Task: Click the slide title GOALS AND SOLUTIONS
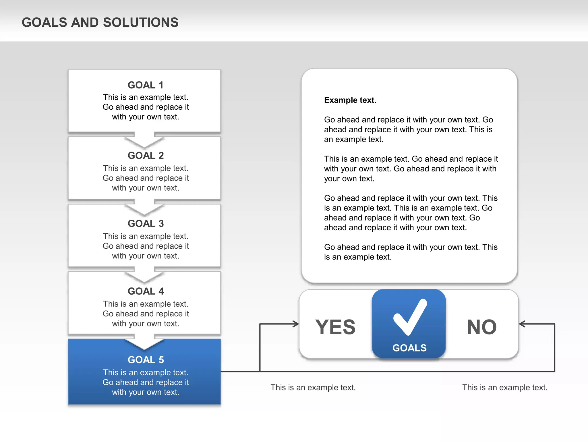pyautogui.click(x=100, y=22)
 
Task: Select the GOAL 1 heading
pyautogui.click(x=146, y=85)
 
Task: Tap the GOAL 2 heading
pyautogui.click(x=146, y=155)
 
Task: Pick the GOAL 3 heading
pyautogui.click(x=146, y=223)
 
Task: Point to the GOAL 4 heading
pyautogui.click(x=146, y=291)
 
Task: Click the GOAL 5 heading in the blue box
pyautogui.click(x=146, y=360)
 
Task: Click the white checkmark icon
pyautogui.click(x=410, y=317)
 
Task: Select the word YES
pyautogui.click(x=335, y=327)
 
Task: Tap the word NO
pyautogui.click(x=482, y=327)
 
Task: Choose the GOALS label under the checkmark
pyautogui.click(x=409, y=348)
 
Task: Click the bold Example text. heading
pyautogui.click(x=350, y=100)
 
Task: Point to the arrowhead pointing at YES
pyautogui.click(x=296, y=324)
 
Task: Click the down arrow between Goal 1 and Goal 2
pyautogui.click(x=144, y=140)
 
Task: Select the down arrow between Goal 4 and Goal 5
pyautogui.click(x=144, y=343)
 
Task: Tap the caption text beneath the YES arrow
pyautogui.click(x=313, y=388)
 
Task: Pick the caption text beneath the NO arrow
pyautogui.click(x=505, y=388)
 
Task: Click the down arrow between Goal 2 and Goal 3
pyautogui.click(x=144, y=208)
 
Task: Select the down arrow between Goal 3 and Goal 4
pyautogui.click(x=144, y=276)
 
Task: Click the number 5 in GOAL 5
pyautogui.click(x=161, y=360)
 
